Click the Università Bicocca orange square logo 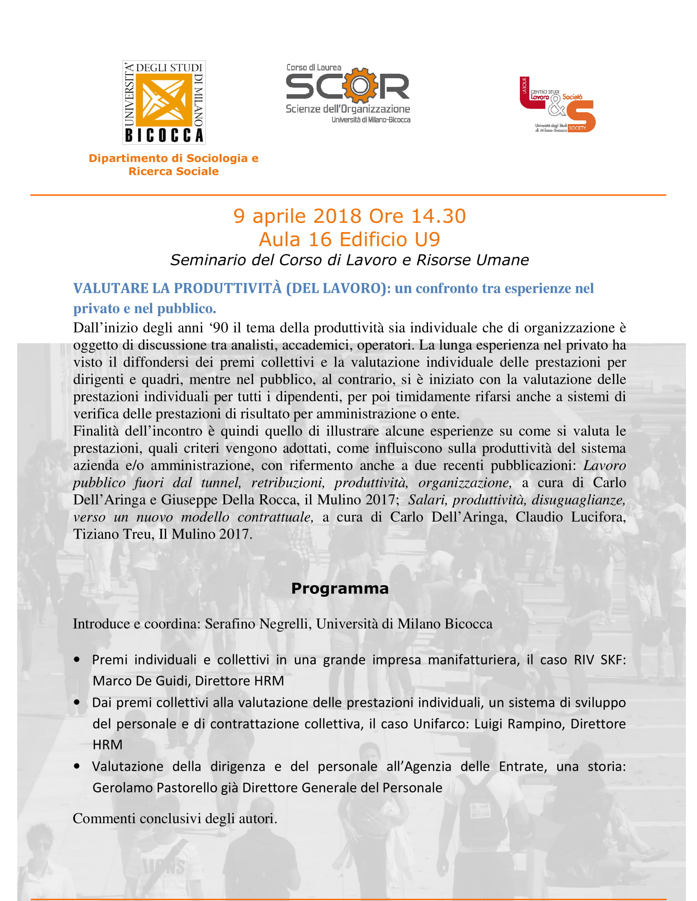(x=164, y=102)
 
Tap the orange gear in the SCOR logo (x=360, y=86)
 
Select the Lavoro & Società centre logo (x=558, y=105)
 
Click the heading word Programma (x=340, y=589)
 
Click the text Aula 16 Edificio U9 (x=349, y=240)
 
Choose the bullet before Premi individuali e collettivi (x=77, y=660)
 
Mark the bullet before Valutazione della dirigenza (x=77, y=767)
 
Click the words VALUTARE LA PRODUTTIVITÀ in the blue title (x=178, y=288)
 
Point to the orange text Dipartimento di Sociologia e (x=173, y=158)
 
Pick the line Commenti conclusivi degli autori (x=175, y=819)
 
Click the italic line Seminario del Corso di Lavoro (x=349, y=260)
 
